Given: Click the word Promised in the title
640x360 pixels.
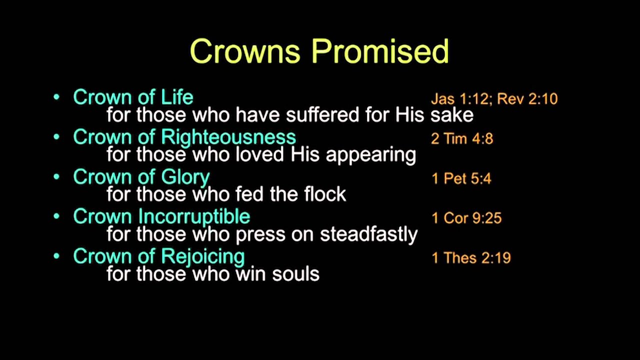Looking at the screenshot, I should (x=380, y=51).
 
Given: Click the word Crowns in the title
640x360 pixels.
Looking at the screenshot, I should (x=245, y=51).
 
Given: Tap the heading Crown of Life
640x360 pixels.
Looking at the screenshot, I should (x=133, y=97).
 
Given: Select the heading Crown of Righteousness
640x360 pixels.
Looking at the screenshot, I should (x=184, y=137).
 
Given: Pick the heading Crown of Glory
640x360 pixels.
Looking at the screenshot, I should (x=141, y=177).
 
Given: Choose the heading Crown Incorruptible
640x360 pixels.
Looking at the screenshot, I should (x=161, y=216).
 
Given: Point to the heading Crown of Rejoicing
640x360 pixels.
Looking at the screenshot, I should (x=158, y=256).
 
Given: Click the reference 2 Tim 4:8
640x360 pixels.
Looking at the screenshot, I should (x=461, y=138).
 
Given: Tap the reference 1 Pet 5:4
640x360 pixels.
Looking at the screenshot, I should (x=461, y=178).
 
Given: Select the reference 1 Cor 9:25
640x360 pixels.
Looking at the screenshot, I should (x=466, y=218).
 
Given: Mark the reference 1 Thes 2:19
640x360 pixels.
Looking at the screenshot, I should (x=471, y=258).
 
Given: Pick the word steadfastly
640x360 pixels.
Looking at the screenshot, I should (x=368, y=234).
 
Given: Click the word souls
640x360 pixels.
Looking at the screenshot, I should (x=295, y=274).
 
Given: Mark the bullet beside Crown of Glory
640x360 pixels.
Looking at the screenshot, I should (x=56, y=176).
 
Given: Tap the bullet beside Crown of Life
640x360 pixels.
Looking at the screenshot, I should (x=56, y=96).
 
